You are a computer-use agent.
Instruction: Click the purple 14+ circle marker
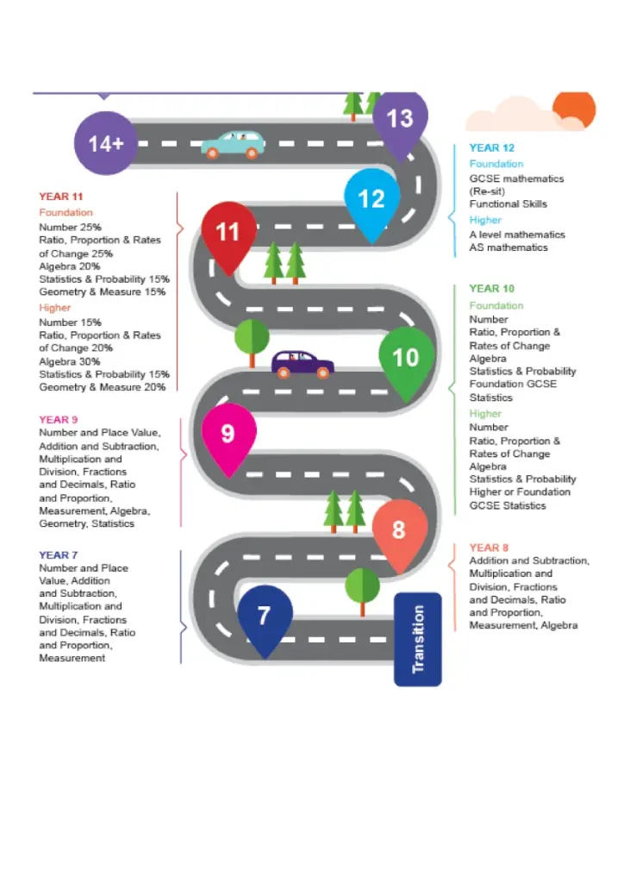(x=105, y=143)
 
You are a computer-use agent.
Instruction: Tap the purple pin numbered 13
(x=400, y=119)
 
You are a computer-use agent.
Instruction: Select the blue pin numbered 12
(x=371, y=200)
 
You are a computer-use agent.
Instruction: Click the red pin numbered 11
(x=228, y=233)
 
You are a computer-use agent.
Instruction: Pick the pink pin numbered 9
(x=228, y=433)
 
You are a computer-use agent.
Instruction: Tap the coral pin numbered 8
(x=399, y=529)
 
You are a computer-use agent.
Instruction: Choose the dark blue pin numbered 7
(x=265, y=616)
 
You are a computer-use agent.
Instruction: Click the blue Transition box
(x=418, y=639)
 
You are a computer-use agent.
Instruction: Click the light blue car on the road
(x=232, y=145)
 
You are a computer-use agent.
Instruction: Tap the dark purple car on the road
(x=303, y=364)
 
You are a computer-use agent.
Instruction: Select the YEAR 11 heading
(x=60, y=197)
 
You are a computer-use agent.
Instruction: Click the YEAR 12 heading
(x=491, y=148)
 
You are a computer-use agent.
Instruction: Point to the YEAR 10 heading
(x=491, y=289)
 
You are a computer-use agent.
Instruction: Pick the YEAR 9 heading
(x=58, y=420)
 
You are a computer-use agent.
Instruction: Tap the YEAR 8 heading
(x=489, y=548)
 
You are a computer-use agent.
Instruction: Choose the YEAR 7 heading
(x=58, y=555)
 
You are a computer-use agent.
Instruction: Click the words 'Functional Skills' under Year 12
(x=508, y=204)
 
